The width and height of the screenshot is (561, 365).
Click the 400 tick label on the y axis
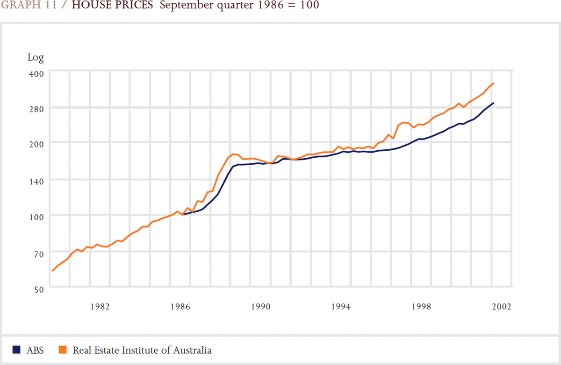pyautogui.click(x=36, y=73)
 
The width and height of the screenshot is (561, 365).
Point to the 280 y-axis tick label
pyautogui.click(x=36, y=108)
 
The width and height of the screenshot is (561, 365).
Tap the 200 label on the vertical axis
pyautogui.click(x=36, y=142)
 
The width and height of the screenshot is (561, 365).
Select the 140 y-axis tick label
pyautogui.click(x=36, y=180)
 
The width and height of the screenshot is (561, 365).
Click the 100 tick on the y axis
pyautogui.click(x=36, y=216)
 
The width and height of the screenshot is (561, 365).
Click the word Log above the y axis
pyautogui.click(x=36, y=58)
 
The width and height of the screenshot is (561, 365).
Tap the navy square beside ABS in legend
pyautogui.click(x=16, y=350)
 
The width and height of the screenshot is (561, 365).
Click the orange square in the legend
pyautogui.click(x=63, y=350)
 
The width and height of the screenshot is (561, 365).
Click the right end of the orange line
pyautogui.click(x=493, y=84)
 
